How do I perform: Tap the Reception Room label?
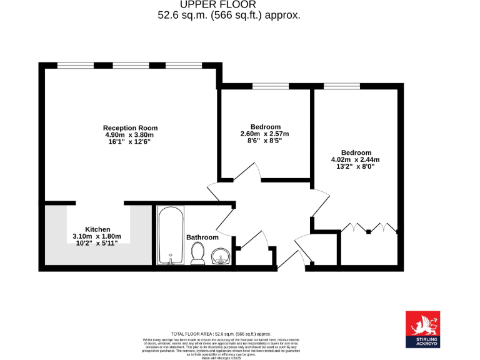click(x=130, y=127)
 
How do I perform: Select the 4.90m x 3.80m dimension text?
click(x=129, y=135)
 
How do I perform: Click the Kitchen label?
click(x=98, y=229)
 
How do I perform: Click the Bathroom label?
click(x=202, y=237)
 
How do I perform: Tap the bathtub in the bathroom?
click(x=171, y=236)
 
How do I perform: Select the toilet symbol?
click(x=198, y=252)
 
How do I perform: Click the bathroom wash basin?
click(x=221, y=255)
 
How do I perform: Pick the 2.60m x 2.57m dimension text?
click(x=265, y=134)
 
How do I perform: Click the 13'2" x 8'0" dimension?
click(x=355, y=166)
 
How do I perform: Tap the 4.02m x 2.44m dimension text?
click(x=356, y=159)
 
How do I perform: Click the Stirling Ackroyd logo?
click(x=422, y=329)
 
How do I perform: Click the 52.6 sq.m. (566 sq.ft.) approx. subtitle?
click(x=229, y=16)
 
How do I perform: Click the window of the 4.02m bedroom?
click(x=337, y=86)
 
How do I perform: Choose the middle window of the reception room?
click(x=131, y=65)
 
